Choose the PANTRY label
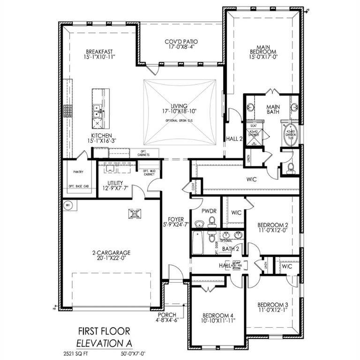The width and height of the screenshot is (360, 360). click(78, 172)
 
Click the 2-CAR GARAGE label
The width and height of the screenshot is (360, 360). click(111, 253)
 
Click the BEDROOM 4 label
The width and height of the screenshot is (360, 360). click(218, 315)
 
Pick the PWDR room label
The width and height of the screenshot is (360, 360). click(209, 211)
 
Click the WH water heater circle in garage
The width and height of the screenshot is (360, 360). click(67, 205)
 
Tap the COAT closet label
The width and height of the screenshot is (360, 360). click(194, 187)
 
